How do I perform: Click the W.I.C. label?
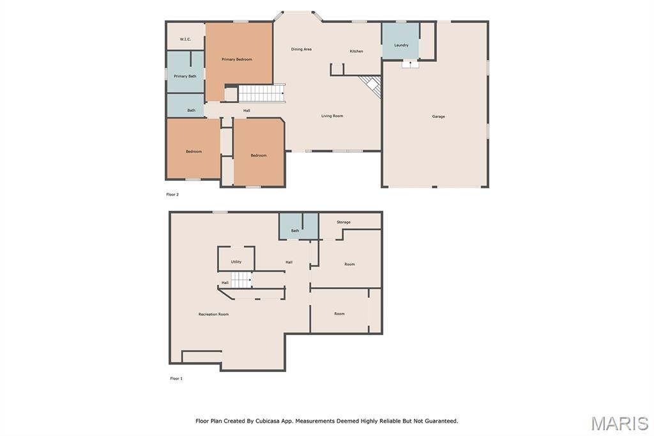[x=186, y=39]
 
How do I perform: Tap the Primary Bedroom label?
[x=237, y=59]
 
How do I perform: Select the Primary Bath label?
[x=185, y=76]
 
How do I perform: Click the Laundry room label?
[x=401, y=45]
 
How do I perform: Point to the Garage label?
[x=438, y=116]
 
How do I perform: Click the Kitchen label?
[x=356, y=51]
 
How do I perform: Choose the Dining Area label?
[x=301, y=49]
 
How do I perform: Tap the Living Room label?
[x=332, y=116]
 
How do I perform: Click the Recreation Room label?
[x=213, y=314]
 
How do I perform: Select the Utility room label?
[x=236, y=262]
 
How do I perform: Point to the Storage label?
[x=344, y=222]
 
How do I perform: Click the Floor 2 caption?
[x=172, y=194]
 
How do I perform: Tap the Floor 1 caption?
[x=176, y=378]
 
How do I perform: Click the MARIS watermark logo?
[x=620, y=423]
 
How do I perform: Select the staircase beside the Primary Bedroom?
[x=261, y=93]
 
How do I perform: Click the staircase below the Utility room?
[x=241, y=280]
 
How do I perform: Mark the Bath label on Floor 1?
[x=295, y=231]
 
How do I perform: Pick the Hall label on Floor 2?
[x=247, y=111]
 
